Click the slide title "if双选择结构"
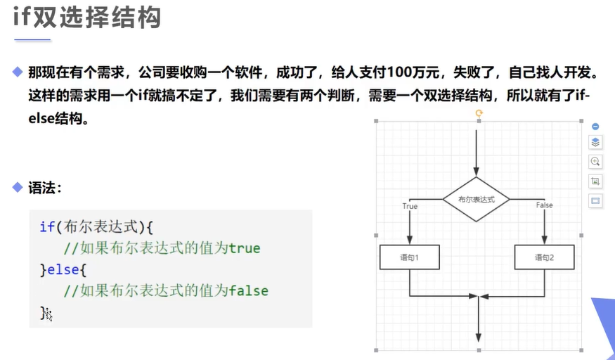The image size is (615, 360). point(87,18)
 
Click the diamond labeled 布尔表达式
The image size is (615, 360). point(477,199)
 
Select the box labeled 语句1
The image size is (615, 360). point(409,257)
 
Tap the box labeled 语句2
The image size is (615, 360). point(544,257)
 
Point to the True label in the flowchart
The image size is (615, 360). point(410,206)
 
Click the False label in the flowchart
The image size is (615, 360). point(544,205)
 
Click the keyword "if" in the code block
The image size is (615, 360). point(46,226)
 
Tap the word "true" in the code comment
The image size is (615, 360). point(245,247)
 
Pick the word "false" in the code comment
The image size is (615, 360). point(249,290)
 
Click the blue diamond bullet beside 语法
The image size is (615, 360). point(18,188)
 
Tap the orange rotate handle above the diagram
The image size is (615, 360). point(479,112)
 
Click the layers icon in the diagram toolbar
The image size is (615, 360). point(595,143)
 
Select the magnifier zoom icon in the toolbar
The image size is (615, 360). point(595,162)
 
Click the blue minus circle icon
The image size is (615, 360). point(595,127)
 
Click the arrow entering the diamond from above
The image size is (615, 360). point(477,151)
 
